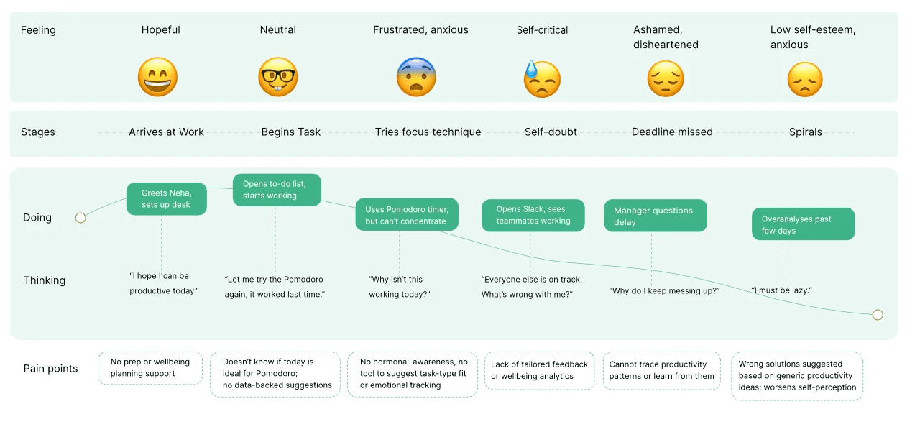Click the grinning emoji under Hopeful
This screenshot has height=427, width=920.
point(157,77)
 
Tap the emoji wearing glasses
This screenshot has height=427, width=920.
point(277,77)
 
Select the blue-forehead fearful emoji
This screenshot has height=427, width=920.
point(416,77)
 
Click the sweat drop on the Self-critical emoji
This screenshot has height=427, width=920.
point(531,68)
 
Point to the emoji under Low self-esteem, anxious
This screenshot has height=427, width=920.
point(805,79)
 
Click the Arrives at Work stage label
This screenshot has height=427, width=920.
point(166,132)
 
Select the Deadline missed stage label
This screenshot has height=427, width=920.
point(672,132)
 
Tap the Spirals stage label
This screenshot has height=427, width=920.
point(806,132)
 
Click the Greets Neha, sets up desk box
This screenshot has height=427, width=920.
point(166,198)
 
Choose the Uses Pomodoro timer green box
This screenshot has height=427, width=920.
point(407,215)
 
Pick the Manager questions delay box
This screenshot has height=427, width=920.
point(655,216)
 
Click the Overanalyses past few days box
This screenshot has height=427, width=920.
point(804,224)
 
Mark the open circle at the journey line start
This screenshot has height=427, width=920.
point(80,218)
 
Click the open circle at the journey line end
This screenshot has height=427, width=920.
point(878,315)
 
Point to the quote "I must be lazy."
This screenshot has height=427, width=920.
point(781,290)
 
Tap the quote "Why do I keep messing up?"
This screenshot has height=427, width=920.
point(664,290)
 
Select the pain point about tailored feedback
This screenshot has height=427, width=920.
point(539,370)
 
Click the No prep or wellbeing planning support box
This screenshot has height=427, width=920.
point(150,368)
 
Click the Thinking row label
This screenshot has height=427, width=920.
point(45,280)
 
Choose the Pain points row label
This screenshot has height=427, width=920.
point(50,368)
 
